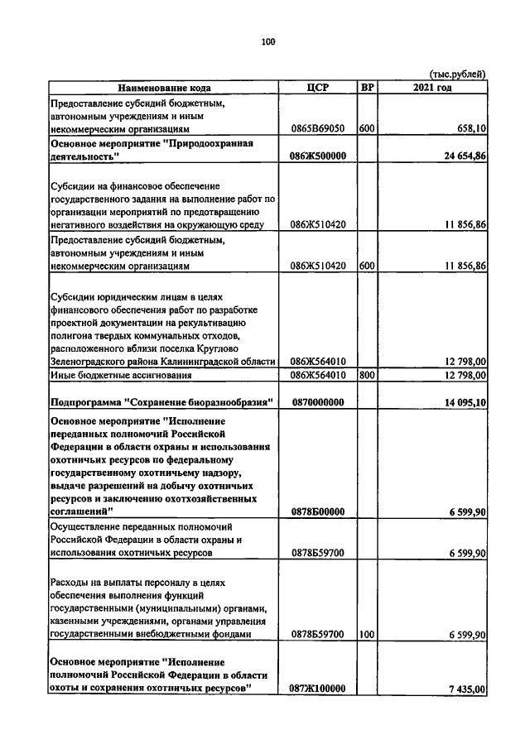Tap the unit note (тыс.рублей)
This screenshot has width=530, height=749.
pyautogui.click(x=456, y=74)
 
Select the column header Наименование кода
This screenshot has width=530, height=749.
pyautogui.click(x=163, y=88)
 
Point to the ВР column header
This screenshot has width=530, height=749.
pyautogui.click(x=367, y=88)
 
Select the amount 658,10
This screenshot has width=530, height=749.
pyautogui.click(x=470, y=129)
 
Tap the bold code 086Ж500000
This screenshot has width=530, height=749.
pyautogui.click(x=318, y=156)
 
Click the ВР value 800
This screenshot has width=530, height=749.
pyautogui.click(x=367, y=375)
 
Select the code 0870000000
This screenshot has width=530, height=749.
pyautogui.click(x=318, y=402)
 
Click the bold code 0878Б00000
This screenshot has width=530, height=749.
pyautogui.click(x=318, y=512)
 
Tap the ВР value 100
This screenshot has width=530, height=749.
pyautogui.click(x=367, y=634)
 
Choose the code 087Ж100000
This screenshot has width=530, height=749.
pyautogui.click(x=318, y=688)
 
